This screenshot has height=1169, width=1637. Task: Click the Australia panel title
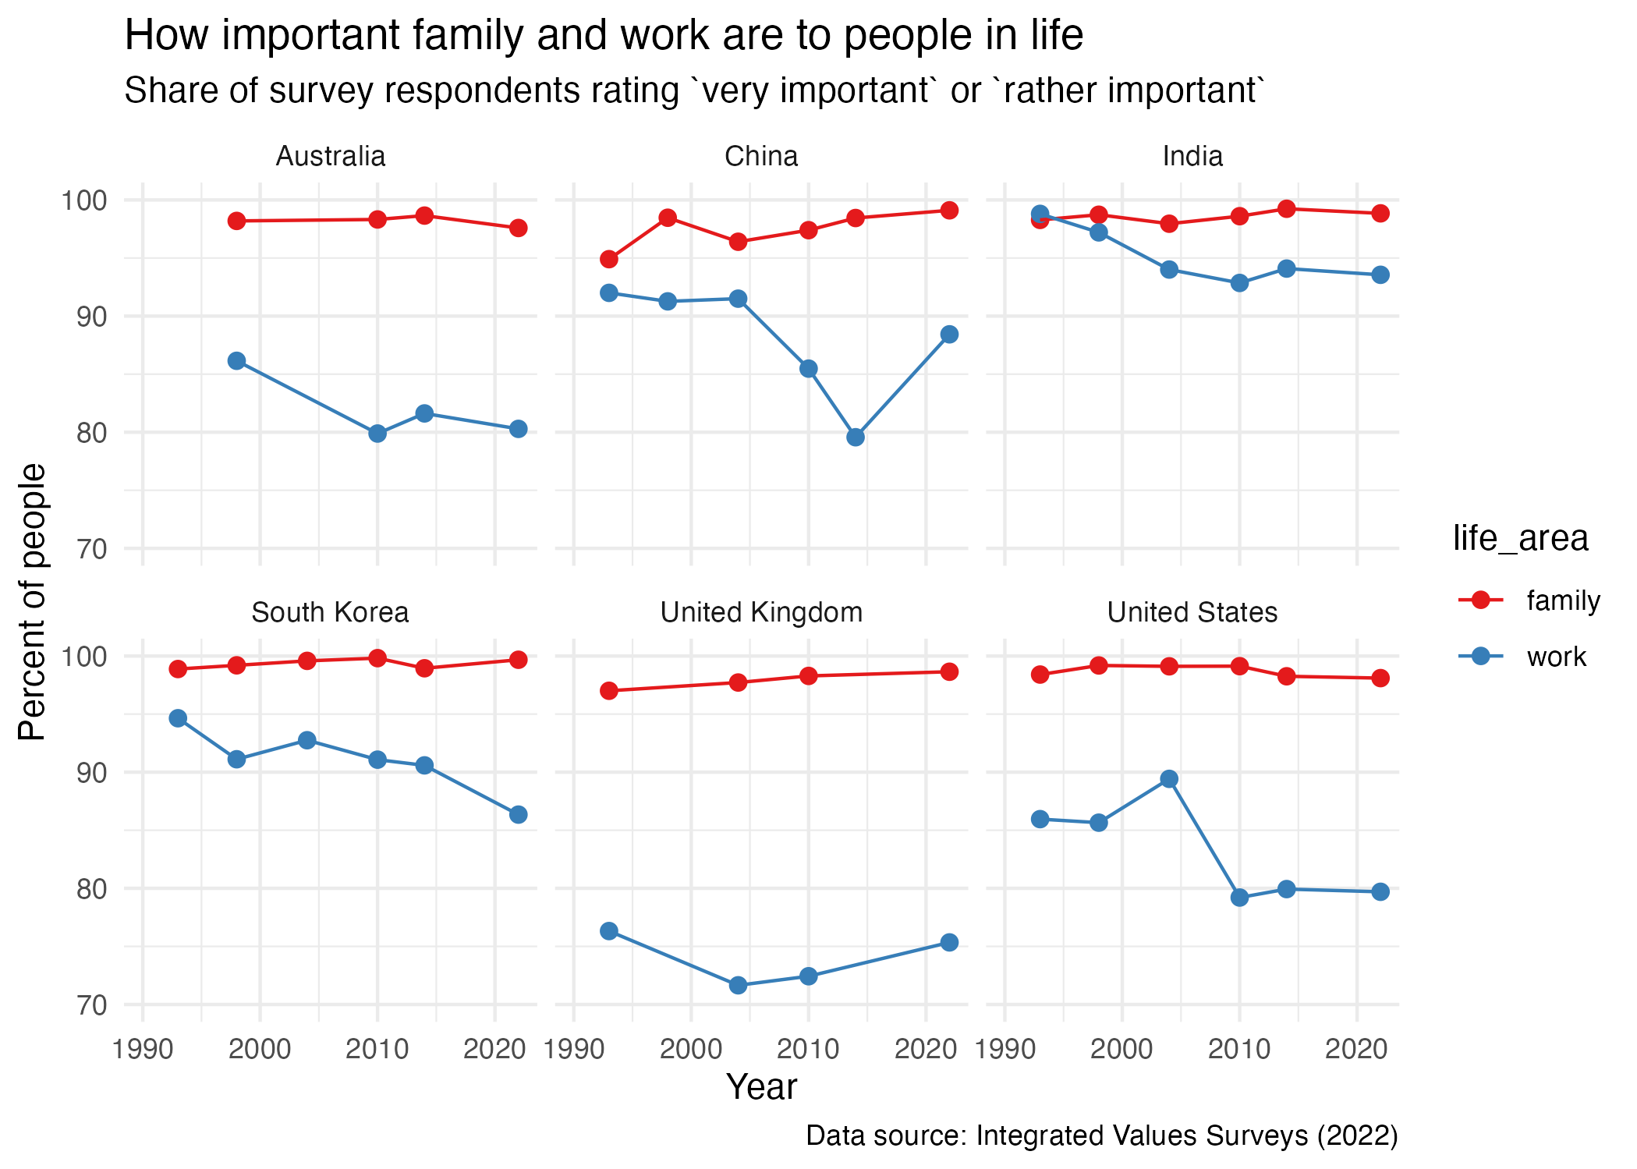tap(331, 157)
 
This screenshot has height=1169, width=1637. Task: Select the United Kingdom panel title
tap(761, 613)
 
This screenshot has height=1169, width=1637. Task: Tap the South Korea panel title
tap(330, 613)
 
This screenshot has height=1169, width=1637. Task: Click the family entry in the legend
tap(1563, 600)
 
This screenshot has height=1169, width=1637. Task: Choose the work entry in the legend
tap(1556, 657)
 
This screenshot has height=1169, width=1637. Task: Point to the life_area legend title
tap(1520, 538)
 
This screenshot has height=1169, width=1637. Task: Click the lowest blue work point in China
tap(856, 437)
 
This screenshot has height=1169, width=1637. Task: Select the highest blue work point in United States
tap(1169, 779)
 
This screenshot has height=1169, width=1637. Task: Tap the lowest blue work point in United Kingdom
tap(738, 986)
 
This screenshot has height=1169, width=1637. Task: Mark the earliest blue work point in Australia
tap(237, 360)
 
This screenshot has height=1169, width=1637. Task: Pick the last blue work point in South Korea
tap(518, 815)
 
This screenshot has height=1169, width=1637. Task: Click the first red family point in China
tap(609, 259)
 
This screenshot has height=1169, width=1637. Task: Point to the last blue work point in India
tap(1380, 275)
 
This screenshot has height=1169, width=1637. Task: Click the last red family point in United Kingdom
tap(949, 671)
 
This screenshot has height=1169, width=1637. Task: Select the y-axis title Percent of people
tap(33, 601)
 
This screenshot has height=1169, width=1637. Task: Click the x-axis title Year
tap(761, 1087)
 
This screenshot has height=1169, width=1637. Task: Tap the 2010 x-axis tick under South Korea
tap(377, 1050)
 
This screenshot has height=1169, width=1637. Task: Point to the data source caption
tap(1101, 1136)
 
